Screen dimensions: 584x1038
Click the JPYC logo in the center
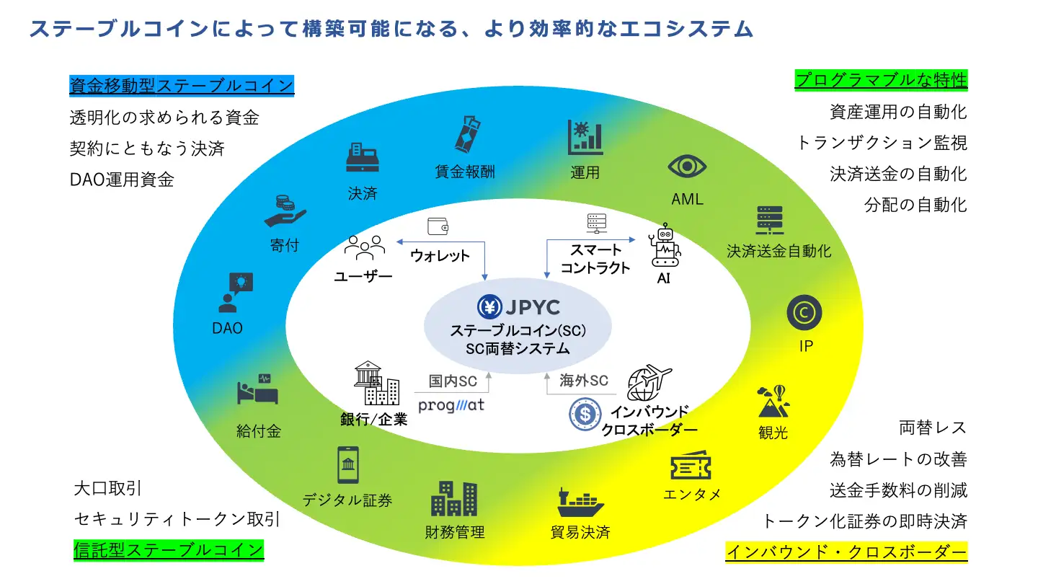click(x=518, y=307)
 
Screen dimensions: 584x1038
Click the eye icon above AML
click(x=686, y=167)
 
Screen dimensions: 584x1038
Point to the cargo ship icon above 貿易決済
click(x=580, y=501)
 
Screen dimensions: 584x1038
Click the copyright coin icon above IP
click(x=804, y=312)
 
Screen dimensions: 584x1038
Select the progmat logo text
click(x=451, y=405)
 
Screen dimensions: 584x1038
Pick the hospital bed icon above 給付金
click(x=257, y=391)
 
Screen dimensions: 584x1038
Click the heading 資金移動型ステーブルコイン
click(x=182, y=86)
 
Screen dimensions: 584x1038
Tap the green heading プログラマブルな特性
click(x=880, y=79)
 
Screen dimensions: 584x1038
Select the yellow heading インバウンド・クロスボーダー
click(x=846, y=552)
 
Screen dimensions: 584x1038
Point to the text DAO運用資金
click(x=122, y=180)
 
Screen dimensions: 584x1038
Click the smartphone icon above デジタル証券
click(x=348, y=464)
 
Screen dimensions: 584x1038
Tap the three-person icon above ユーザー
click(x=364, y=247)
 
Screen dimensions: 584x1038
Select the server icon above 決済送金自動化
click(x=769, y=221)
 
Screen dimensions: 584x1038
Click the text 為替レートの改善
click(x=898, y=459)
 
